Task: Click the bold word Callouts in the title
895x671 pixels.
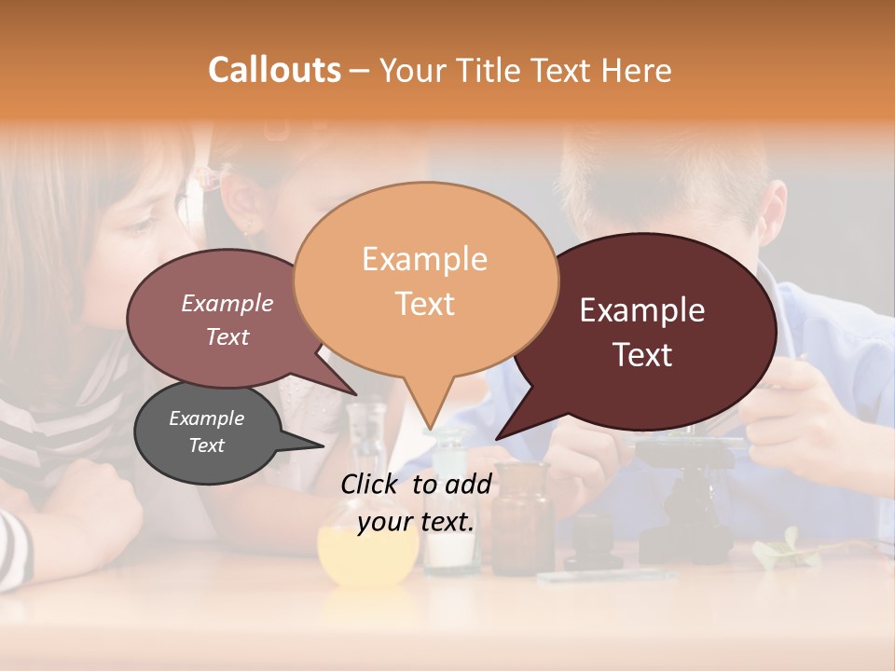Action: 274,70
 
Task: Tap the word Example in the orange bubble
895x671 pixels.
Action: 424,259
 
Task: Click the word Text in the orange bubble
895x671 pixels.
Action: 424,303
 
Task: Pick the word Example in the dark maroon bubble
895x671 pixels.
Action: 641,310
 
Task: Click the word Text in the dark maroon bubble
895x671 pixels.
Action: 641,354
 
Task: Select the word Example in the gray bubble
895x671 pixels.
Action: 206,418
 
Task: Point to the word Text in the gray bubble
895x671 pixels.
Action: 206,445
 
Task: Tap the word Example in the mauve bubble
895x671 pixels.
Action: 227,303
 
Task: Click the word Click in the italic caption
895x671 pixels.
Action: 372,484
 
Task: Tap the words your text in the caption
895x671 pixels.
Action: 416,522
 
